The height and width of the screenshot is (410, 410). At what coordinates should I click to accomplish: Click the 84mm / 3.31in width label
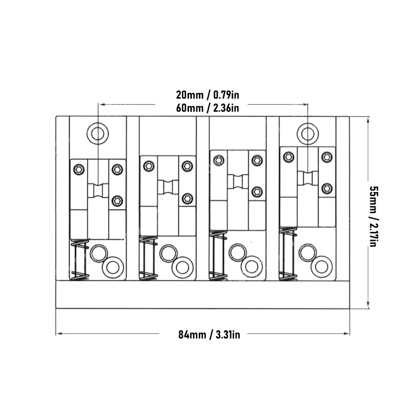point(209,335)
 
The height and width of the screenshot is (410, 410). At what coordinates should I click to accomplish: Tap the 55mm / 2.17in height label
point(373,216)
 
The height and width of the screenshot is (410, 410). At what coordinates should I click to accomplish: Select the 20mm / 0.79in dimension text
point(207,95)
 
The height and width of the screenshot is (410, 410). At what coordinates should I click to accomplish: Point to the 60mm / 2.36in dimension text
point(207,108)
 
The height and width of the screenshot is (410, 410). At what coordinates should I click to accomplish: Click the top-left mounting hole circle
point(98,134)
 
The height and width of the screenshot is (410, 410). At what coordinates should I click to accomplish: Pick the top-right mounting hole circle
point(308,134)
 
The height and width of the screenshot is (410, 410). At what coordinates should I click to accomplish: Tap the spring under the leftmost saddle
point(80,260)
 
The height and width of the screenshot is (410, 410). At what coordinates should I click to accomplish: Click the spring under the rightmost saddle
point(288,254)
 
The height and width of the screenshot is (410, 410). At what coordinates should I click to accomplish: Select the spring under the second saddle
point(148,258)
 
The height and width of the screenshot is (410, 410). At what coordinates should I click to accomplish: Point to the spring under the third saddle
point(218,256)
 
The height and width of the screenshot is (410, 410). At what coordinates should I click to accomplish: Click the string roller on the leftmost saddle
point(98,190)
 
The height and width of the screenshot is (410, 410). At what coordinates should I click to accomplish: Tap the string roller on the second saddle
point(168,187)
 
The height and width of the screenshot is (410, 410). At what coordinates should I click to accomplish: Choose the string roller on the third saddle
point(238,181)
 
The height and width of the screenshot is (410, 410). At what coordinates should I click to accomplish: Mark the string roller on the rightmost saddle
point(308,178)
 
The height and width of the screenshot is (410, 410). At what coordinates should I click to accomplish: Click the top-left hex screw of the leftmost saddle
point(79,169)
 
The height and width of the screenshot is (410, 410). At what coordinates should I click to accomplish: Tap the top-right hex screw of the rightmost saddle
point(327,157)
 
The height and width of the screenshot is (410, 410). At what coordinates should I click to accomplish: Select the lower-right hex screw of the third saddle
point(257,192)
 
